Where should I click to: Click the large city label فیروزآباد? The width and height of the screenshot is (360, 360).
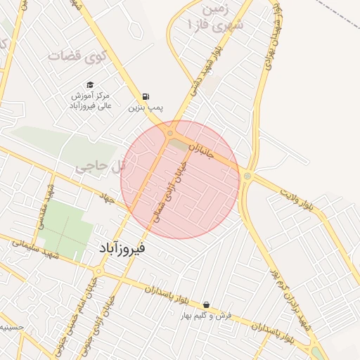coord(118,248)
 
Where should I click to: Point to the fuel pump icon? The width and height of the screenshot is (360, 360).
coord(146,97)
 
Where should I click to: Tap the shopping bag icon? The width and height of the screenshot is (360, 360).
coord(205,305)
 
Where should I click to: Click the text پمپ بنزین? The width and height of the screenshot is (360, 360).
coord(146,108)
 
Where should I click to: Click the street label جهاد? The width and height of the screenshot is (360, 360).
coord(108,199)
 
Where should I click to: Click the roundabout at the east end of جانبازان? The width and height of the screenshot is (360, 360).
coord(247,176)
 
